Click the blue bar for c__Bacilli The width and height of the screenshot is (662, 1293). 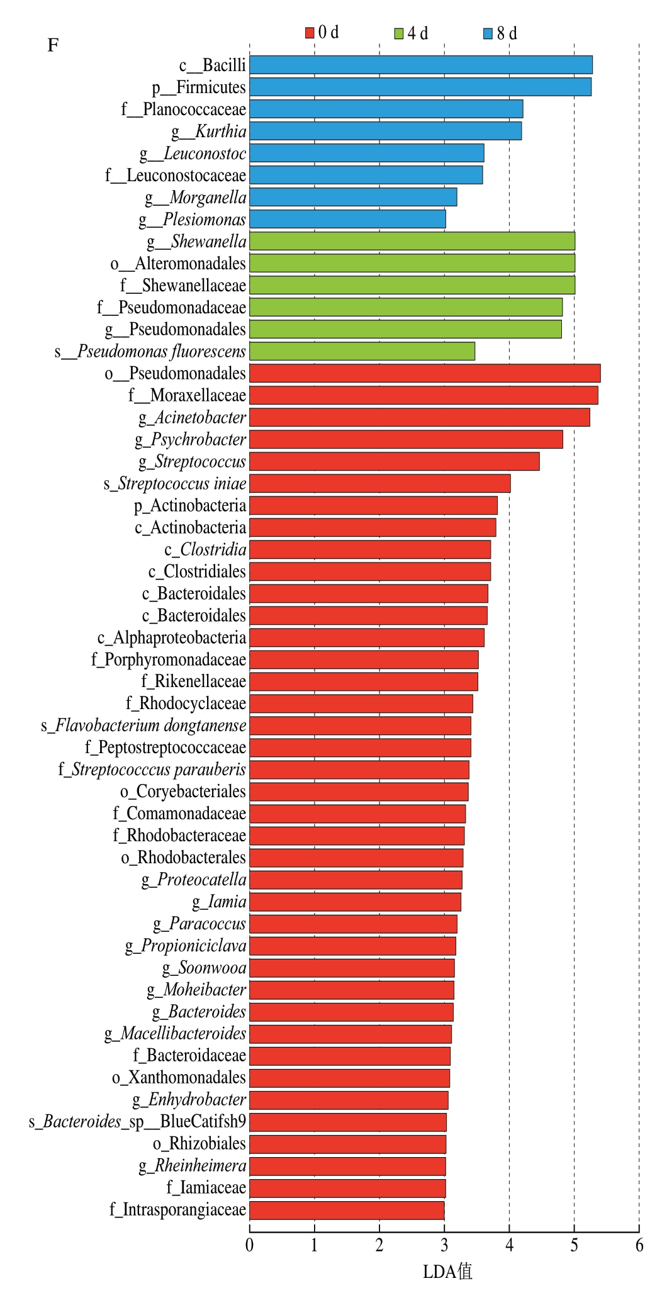click(x=420, y=65)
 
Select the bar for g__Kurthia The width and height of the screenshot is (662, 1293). click(x=385, y=131)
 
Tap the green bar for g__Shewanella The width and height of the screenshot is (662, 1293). click(x=412, y=241)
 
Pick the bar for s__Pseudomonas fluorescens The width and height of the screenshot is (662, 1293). click(x=362, y=351)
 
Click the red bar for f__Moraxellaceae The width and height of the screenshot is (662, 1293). click(x=424, y=395)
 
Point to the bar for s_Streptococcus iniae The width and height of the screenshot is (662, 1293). click(x=379, y=483)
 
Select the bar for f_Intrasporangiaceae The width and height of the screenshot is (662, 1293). click(x=347, y=1210)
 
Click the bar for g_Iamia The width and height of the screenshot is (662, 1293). click(x=355, y=902)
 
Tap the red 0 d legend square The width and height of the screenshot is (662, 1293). click(x=310, y=33)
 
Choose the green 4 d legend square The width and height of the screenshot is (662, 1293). click(x=398, y=33)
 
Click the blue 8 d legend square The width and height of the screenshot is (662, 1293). click(x=488, y=33)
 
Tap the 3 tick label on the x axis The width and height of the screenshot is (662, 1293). click(x=444, y=1245)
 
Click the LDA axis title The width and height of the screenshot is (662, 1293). click(x=447, y=1272)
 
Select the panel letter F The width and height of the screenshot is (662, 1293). click(x=53, y=45)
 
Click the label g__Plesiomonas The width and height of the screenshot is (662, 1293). click(x=193, y=220)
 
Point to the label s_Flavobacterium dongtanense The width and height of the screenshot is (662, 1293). click(x=143, y=725)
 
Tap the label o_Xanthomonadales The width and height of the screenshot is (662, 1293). click(x=179, y=1077)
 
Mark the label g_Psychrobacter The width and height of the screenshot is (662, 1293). click(x=190, y=439)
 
